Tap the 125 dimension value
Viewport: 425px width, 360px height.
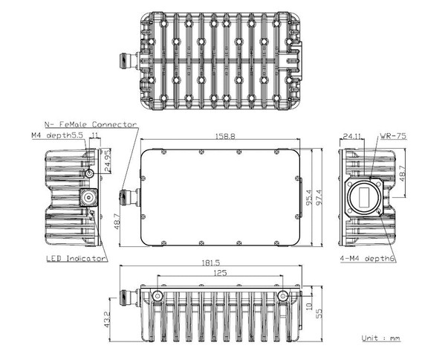click(220, 274)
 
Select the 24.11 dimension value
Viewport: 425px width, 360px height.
click(353, 137)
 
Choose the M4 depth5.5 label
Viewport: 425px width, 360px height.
click(58, 136)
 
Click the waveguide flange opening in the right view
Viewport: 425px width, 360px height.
click(365, 198)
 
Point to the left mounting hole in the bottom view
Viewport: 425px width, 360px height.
click(158, 296)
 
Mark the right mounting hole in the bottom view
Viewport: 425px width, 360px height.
click(283, 296)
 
